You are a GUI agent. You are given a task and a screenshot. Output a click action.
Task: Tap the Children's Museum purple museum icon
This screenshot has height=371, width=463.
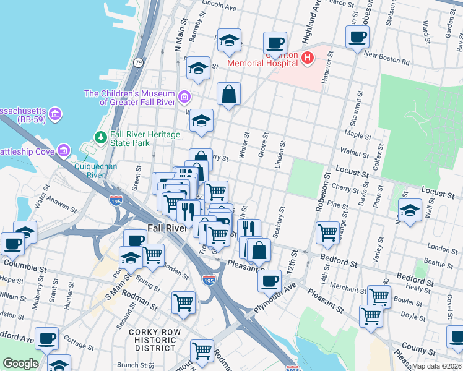pyautogui.click(x=184, y=97)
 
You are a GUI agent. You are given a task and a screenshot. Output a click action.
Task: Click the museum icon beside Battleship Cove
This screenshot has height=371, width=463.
pyautogui.click(x=63, y=151)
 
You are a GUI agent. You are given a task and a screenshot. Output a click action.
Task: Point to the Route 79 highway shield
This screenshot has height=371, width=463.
pyautogui.click(x=138, y=62)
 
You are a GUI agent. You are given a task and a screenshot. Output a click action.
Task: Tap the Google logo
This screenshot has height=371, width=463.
pyautogui.click(x=20, y=364)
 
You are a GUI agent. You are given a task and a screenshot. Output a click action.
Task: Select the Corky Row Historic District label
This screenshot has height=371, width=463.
pyautogui.click(x=152, y=340)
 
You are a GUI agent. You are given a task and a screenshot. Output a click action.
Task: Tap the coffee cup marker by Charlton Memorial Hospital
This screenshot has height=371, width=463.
pyautogui.click(x=275, y=43)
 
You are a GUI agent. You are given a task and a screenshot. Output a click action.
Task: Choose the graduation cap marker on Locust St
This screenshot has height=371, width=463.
pyautogui.click(x=409, y=210)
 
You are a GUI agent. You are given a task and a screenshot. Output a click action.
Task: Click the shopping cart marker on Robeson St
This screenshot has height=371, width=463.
pyautogui.click(x=327, y=232)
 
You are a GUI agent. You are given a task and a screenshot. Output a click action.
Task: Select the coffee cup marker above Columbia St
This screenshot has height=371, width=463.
pyautogui.click(x=13, y=244)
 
